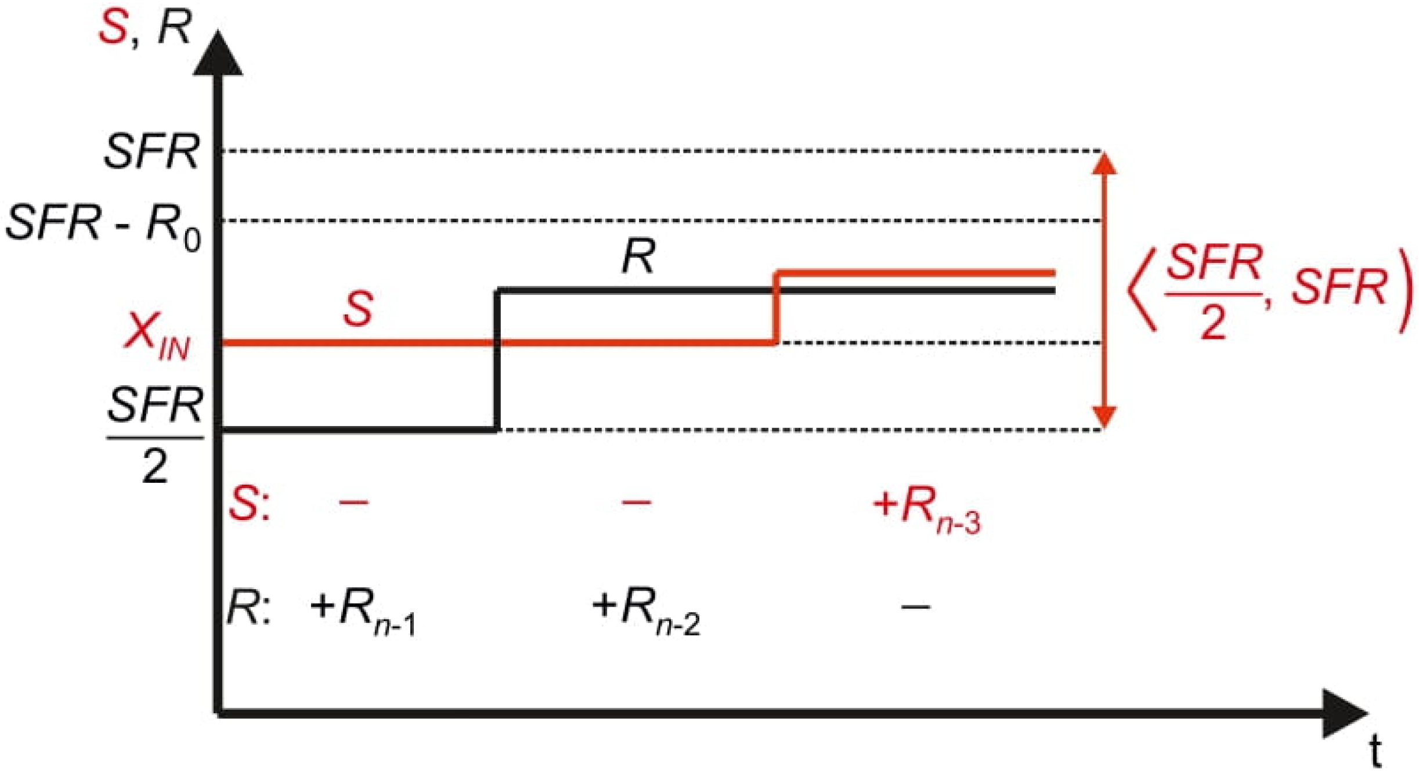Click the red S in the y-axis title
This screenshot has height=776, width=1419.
pyautogui.click(x=113, y=27)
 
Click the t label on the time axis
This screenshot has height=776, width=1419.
pyautogui.click(x=1375, y=751)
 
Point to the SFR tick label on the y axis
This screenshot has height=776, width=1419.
pyautogui.click(x=152, y=151)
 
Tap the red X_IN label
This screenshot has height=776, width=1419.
pyautogui.click(x=157, y=337)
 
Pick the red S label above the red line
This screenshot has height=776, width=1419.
pyautogui.click(x=358, y=308)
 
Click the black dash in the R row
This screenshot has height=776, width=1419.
pyautogui.click(x=915, y=607)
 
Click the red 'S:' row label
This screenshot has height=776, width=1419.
pyautogui.click(x=248, y=504)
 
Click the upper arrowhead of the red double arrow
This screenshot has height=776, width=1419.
pyautogui.click(x=1104, y=164)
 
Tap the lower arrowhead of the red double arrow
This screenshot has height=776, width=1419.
pyautogui.click(x=1104, y=416)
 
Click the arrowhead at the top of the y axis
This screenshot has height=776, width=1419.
pyautogui.click(x=218, y=55)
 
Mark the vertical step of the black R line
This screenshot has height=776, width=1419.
pyautogui.click(x=497, y=360)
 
